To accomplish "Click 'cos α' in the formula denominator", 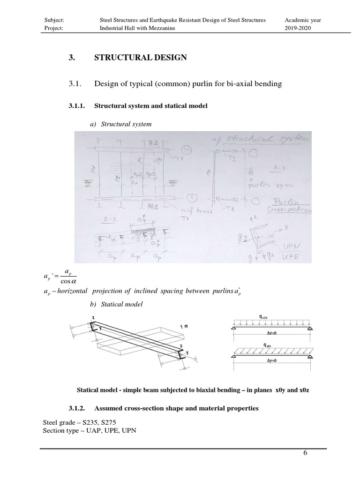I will [69, 281].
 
